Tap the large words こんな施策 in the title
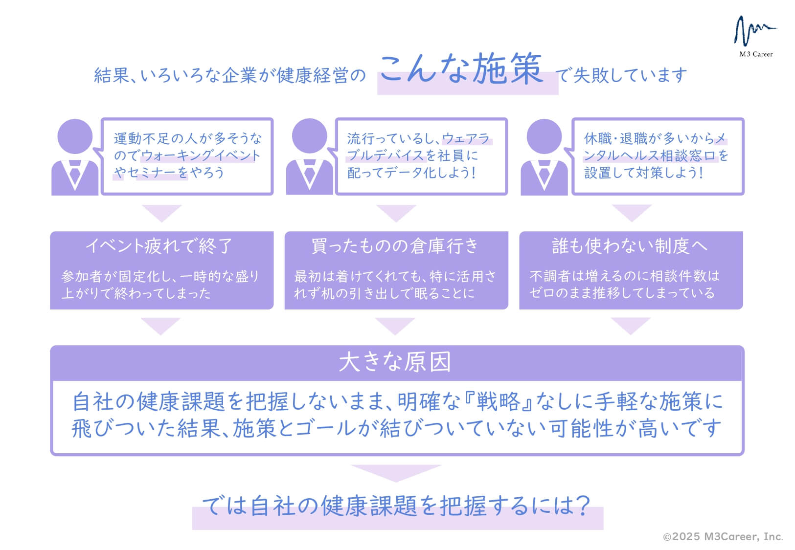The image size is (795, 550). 461,69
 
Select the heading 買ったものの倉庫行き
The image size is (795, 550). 395,246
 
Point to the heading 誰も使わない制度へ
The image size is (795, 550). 629,246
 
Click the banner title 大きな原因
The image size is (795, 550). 395,362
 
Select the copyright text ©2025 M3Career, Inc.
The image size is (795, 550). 723,537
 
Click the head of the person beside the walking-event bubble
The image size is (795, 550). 75,136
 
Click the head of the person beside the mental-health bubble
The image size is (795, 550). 544,136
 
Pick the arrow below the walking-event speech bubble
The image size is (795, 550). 162,212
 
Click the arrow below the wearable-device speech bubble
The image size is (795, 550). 396,212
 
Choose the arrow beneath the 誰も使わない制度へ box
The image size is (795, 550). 631,325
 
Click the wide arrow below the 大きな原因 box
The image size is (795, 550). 396,472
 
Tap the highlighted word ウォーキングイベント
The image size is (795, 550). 201,155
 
